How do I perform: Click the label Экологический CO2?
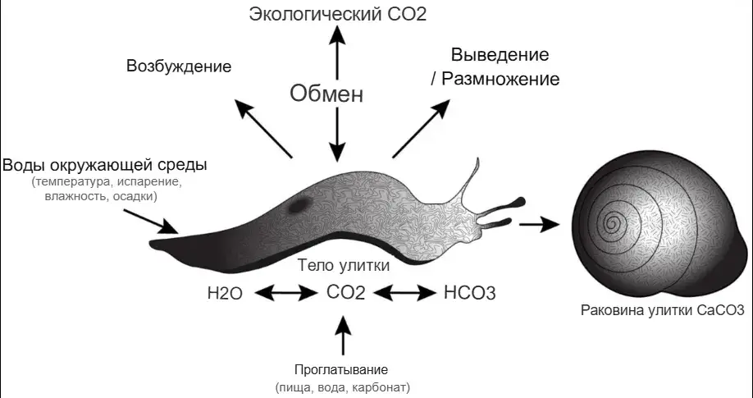(338, 14)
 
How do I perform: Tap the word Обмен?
(326, 94)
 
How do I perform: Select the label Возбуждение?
(179, 66)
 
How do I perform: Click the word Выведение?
(500, 54)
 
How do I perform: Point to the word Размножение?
(500, 79)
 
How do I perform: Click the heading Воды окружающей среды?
(105, 165)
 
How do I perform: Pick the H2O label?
(225, 293)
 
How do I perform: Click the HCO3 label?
(470, 293)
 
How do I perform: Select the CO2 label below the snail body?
(346, 292)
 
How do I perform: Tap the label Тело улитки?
(344, 265)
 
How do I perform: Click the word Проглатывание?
(341, 370)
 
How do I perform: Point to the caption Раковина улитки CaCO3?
(663, 310)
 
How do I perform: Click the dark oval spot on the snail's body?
(299, 206)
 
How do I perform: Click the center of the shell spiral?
(612, 222)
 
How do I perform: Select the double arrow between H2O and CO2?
(286, 292)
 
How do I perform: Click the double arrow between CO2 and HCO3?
(405, 292)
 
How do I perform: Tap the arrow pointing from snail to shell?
(539, 224)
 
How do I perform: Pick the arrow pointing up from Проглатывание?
(343, 336)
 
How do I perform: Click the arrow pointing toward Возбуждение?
(263, 128)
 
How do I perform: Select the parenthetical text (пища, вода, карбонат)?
(343, 387)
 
